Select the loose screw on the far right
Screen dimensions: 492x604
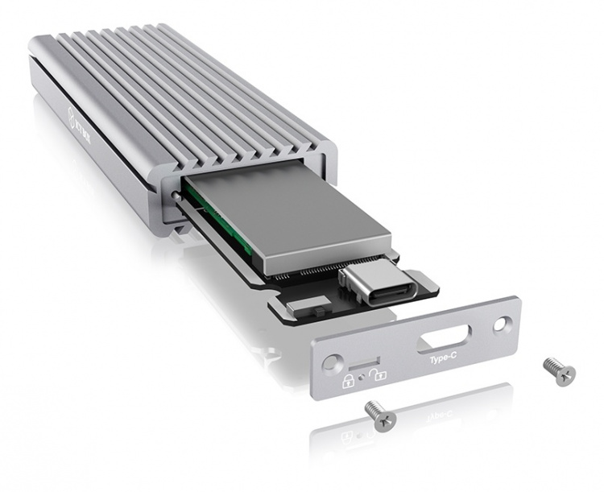[x=559, y=371]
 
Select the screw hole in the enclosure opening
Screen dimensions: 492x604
[x=174, y=193]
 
